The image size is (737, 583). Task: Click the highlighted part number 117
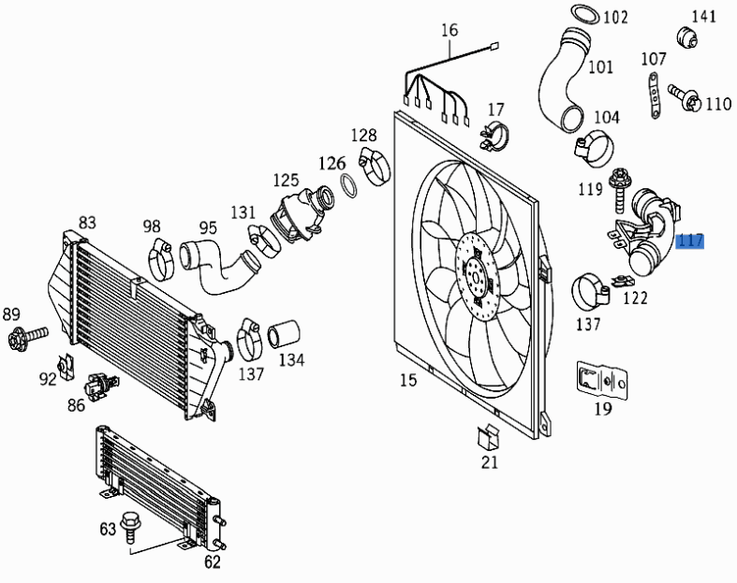pos(689,241)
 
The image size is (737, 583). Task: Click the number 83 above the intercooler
pos(87,223)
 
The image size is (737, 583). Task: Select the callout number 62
pos(213,562)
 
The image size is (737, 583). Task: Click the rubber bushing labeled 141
pos(689,36)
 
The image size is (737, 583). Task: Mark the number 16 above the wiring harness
pos(450,30)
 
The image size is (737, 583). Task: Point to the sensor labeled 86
pos(98,384)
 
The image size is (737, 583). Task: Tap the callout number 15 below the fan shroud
pos(407,380)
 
